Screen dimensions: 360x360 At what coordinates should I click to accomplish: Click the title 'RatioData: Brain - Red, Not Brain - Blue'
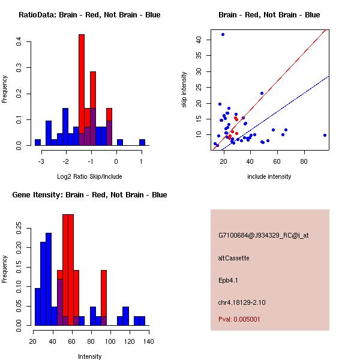pos(89,15)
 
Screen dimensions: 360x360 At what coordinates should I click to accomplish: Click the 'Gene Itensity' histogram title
pos(89,195)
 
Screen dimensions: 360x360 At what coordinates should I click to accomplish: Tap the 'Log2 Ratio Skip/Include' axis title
pos(89,176)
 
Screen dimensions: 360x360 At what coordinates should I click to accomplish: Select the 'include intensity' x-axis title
pos(269,176)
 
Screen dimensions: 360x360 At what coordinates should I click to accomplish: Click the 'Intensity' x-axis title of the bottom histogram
pos(90,356)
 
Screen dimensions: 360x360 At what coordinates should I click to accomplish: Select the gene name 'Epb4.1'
pos(229,280)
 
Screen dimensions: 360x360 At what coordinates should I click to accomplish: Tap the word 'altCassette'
pos(233,258)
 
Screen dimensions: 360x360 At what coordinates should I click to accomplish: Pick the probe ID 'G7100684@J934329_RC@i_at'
pos(263,236)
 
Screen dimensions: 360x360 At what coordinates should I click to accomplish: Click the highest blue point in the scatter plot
pos(223,34)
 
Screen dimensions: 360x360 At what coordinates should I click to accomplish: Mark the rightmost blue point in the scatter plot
pos(325,135)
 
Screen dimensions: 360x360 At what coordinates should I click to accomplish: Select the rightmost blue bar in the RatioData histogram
pos(142,143)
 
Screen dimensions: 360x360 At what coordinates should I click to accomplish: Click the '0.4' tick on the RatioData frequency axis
pos(19,42)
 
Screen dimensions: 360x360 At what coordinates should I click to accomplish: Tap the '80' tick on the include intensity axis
pos(304,161)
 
